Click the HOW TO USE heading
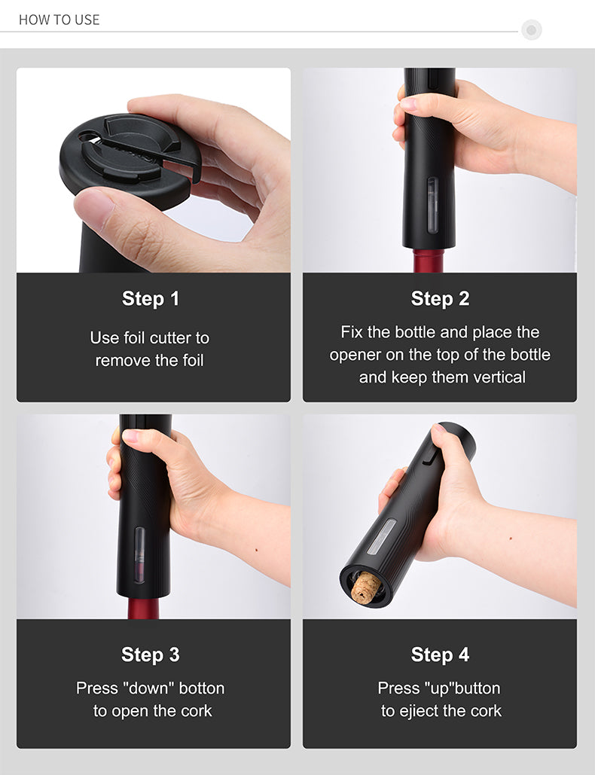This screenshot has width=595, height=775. pos(59,20)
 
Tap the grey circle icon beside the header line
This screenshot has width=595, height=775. pos(531,30)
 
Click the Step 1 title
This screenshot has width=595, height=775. pos(151,299)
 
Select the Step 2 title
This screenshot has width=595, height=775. pos(440,299)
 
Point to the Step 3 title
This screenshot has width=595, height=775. pos(151,655)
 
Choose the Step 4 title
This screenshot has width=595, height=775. pos(440,655)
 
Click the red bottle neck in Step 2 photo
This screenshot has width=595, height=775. pos(431,261)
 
